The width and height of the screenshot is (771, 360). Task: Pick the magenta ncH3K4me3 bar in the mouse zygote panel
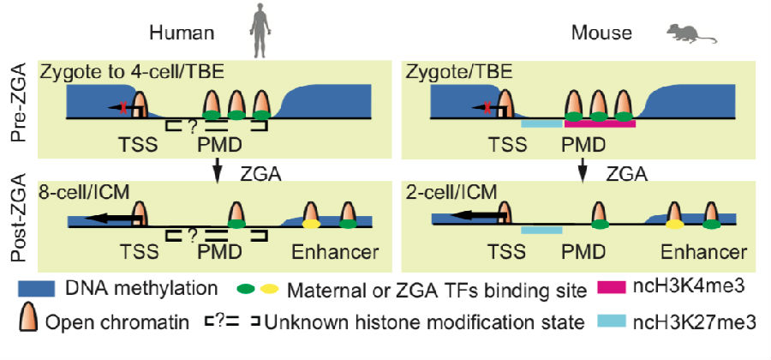click(599, 123)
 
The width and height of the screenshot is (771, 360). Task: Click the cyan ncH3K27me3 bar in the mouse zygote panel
click(541, 123)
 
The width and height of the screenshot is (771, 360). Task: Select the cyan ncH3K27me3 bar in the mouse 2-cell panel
click(541, 230)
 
